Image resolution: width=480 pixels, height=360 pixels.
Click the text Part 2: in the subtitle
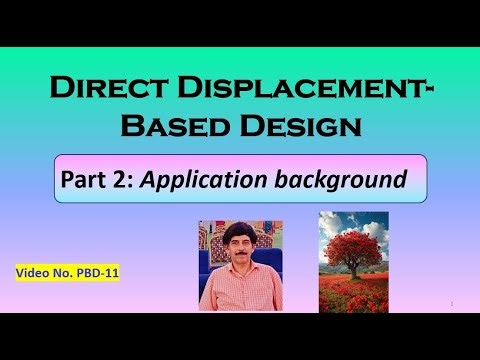point(93,180)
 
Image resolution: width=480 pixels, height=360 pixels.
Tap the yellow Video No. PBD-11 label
point(67,271)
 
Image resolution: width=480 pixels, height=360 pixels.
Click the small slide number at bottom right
point(453,302)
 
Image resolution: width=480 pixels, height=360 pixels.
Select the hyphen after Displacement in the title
point(427,91)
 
